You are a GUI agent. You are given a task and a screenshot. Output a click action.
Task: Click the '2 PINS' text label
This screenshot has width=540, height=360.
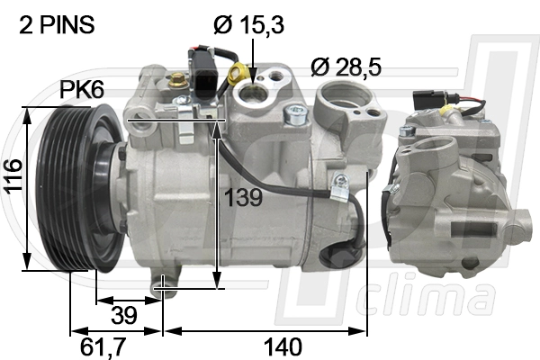(57, 25)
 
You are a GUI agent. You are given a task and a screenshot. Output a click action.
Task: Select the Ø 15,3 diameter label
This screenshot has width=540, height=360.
(248, 25)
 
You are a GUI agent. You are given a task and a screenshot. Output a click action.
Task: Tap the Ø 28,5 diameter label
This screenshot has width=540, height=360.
(346, 67)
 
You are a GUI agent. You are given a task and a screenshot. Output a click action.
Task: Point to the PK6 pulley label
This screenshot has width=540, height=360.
(82, 90)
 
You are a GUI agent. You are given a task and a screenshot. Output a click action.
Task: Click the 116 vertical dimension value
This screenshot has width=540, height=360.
(13, 176)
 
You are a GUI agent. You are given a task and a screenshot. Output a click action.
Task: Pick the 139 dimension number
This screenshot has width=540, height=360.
(243, 197)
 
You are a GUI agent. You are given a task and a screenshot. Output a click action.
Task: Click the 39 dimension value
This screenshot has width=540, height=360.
(124, 314)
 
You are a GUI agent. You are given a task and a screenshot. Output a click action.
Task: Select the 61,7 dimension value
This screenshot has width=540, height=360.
(103, 346)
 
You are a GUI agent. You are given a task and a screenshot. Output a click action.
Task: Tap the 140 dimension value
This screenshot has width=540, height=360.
(283, 346)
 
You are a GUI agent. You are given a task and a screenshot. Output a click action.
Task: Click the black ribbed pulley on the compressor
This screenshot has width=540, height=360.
(66, 188)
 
